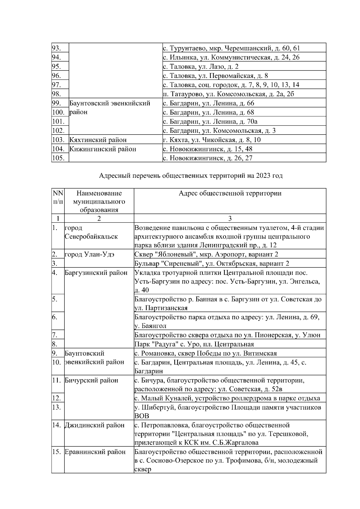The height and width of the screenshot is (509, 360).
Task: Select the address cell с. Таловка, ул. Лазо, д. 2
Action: [200, 67]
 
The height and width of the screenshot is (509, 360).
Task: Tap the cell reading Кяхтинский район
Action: [98, 140]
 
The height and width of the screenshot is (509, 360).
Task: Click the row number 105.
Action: [58, 158]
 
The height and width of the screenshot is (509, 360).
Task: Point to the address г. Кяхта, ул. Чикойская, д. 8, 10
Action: [212, 140]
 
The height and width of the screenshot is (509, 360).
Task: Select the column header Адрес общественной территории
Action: [230, 193]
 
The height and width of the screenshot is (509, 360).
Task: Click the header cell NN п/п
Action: [58, 197]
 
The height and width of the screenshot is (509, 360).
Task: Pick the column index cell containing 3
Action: [230, 219]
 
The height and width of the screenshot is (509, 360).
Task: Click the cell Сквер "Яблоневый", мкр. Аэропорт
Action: [206, 255]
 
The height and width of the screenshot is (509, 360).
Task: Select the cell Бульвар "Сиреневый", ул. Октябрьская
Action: [212, 263]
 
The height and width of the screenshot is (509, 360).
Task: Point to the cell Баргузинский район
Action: [96, 273]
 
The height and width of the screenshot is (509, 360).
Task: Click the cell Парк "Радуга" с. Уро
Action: [194, 344]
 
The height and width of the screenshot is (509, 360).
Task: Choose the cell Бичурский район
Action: [91, 381]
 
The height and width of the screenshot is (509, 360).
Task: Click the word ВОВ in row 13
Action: [142, 416]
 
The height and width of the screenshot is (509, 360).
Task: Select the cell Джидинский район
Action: [94, 425]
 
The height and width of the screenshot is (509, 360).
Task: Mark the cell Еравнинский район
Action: [95, 452]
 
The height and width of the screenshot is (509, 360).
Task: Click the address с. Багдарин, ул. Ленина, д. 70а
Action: [210, 121]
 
